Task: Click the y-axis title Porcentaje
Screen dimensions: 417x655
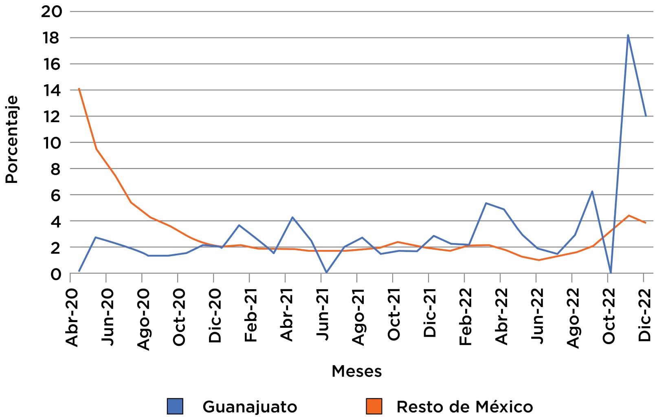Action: tap(12, 140)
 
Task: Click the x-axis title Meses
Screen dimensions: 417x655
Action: tap(356, 371)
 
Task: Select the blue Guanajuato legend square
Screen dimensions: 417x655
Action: tap(175, 406)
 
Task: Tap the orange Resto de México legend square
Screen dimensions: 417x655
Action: tap(374, 406)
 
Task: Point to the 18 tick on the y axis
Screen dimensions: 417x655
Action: tap(50, 38)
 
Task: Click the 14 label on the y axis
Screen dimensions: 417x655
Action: tap(50, 90)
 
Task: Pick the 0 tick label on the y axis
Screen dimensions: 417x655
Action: tap(55, 274)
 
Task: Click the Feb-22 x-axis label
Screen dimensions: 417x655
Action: tap(465, 317)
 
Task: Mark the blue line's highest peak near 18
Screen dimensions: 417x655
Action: tap(628, 35)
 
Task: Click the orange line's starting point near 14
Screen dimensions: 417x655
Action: tap(79, 88)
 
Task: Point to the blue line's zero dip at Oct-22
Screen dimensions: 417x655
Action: tap(610, 272)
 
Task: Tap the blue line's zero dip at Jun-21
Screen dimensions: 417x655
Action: tap(326, 272)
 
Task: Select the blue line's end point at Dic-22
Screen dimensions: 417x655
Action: tap(646, 116)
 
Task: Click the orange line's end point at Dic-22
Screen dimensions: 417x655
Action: tap(646, 223)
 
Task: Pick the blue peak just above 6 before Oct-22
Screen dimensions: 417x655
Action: tap(592, 191)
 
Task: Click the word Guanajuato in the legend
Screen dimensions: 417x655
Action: tap(250, 406)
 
